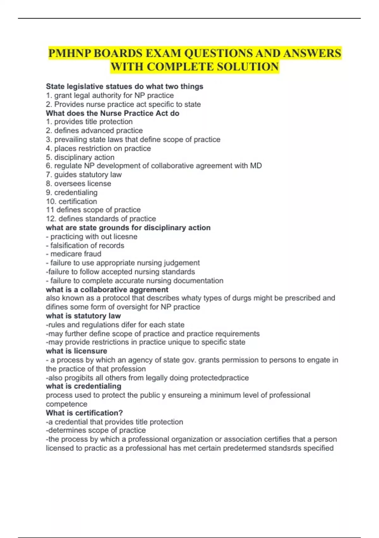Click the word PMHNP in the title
coord(69,53)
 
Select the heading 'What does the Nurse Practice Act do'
coord(112,113)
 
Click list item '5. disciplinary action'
coord(80,157)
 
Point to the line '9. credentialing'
coord(72,192)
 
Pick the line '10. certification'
coord(72,201)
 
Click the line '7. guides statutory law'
coord(84,175)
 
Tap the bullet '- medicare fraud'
coord(74,254)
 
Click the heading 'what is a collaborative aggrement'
coord(107,290)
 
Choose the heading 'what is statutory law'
coord(83,316)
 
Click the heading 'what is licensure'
coord(76,351)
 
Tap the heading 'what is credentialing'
coord(83,386)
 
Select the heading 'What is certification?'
coord(84,413)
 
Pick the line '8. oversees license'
coord(79,184)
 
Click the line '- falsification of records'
coord(85,245)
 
